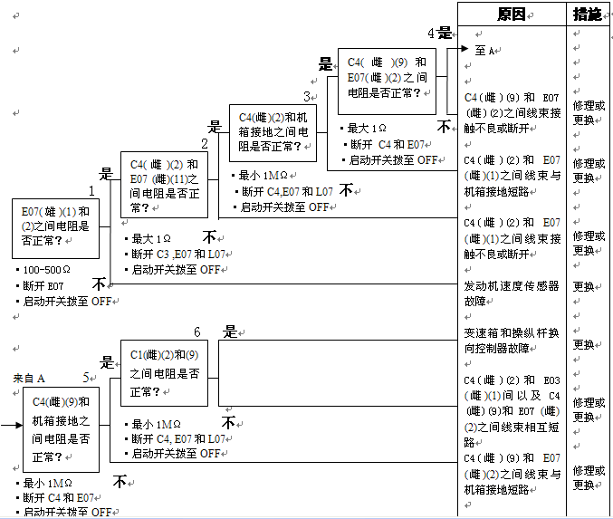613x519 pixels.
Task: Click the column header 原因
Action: point(511,14)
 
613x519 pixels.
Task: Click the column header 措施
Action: point(587,14)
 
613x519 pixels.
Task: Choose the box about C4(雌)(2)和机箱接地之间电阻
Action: point(273,133)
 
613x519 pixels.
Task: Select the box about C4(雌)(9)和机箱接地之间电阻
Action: point(61,429)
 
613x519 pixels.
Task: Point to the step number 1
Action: point(91,191)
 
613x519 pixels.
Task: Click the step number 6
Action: point(196,332)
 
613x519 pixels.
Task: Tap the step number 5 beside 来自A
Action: point(87,378)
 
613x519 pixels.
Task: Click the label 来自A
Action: point(29,378)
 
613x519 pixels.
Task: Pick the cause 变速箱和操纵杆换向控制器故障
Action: point(511,341)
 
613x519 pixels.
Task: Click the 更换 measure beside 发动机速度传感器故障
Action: point(583,287)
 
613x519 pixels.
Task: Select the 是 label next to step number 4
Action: point(445,33)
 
